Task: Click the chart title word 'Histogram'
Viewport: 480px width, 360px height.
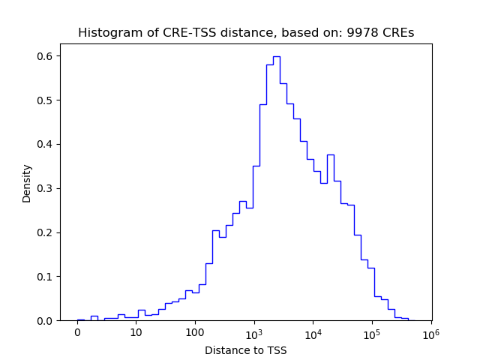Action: (x=104, y=33)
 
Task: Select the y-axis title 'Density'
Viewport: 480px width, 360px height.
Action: (x=27, y=183)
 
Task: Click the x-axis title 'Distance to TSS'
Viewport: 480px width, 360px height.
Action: (x=246, y=350)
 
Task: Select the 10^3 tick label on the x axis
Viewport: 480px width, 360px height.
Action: (x=254, y=333)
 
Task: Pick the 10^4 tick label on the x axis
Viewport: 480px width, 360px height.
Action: (x=313, y=333)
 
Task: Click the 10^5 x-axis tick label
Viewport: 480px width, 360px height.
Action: (x=372, y=333)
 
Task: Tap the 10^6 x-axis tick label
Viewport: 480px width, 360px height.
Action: (x=430, y=333)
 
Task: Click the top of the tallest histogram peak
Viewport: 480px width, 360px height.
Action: (x=276, y=56)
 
